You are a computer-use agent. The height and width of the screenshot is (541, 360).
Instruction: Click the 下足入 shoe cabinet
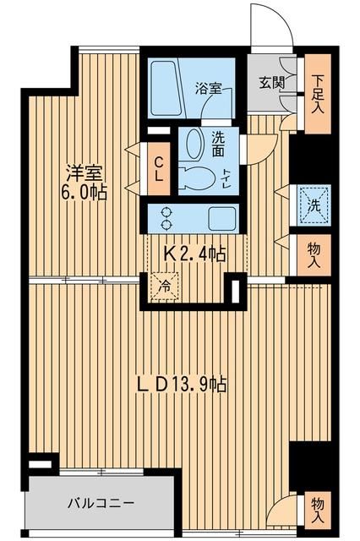pos(317,94)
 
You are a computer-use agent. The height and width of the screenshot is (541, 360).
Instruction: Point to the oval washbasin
pos(193,145)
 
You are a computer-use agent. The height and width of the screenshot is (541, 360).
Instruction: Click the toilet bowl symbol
pos(196,178)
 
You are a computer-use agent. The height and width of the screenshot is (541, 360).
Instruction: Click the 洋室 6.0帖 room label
pos(87,183)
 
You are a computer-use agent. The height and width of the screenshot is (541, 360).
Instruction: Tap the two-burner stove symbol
pos(165,216)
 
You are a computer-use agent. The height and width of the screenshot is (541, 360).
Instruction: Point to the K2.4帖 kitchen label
pos(193,254)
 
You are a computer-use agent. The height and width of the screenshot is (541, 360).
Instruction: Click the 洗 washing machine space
pos(314,204)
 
